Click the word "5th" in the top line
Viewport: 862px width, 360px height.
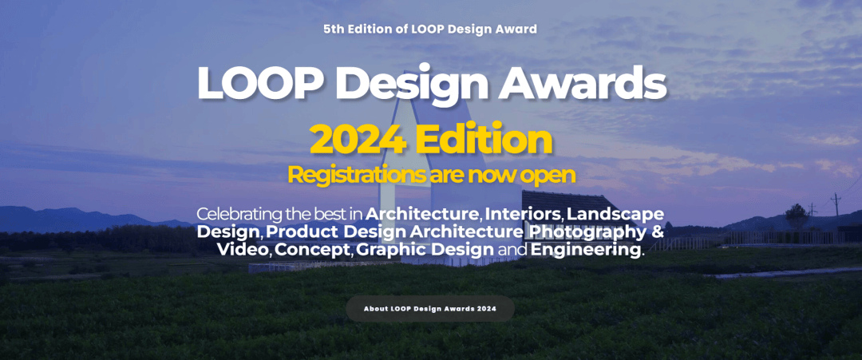tap(333, 29)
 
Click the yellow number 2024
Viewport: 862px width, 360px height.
tap(358, 140)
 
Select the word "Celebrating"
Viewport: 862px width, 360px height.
tap(238, 214)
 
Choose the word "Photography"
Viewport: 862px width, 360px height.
tap(587, 232)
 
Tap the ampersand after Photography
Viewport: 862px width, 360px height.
tap(657, 231)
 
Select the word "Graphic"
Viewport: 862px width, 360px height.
tap(391, 251)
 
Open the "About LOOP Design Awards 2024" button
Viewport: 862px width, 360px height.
tap(430, 308)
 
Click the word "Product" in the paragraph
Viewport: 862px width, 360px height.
tap(302, 231)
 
